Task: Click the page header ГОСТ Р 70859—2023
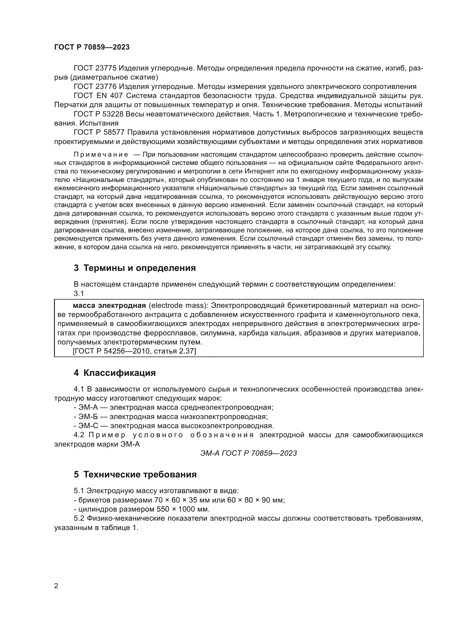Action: pyautogui.click(x=92, y=47)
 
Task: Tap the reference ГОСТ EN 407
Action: pyautogui.click(x=98, y=96)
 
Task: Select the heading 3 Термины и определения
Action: pyautogui.click(x=135, y=268)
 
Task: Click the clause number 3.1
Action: pyautogui.click(x=79, y=294)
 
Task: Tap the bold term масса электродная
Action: pyautogui.click(x=109, y=305)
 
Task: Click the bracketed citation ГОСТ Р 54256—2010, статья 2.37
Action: pyautogui.click(x=134, y=351)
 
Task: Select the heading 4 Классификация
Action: pyautogui.click(x=115, y=373)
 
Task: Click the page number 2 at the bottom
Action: pyautogui.click(x=56, y=586)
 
